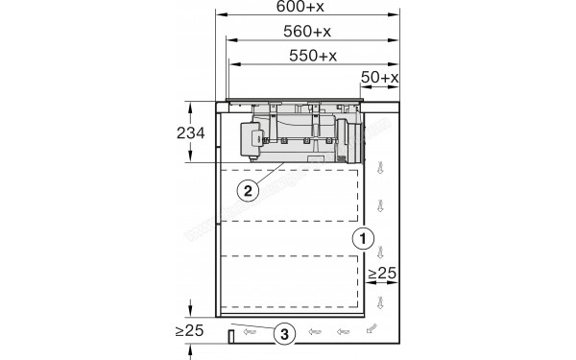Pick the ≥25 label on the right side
click(x=383, y=276)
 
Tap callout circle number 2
click(x=248, y=189)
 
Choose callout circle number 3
click(x=284, y=334)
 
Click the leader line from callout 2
click(x=278, y=175)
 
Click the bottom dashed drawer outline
click(x=293, y=284)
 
